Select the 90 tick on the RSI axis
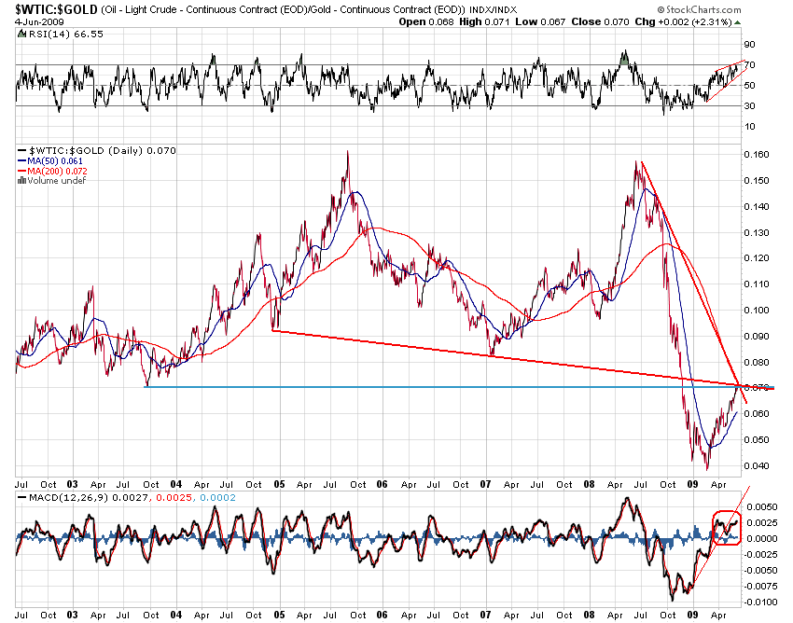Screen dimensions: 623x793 [749, 45]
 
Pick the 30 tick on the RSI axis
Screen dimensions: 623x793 [749, 105]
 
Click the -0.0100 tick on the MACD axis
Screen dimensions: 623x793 [762, 602]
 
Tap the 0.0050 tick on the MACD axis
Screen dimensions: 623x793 [762, 506]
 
